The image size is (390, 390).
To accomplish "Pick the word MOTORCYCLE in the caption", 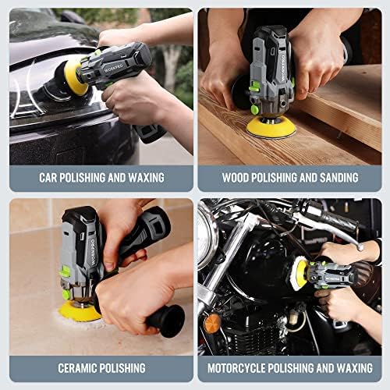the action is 236,368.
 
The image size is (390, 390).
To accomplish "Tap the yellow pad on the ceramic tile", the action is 80,311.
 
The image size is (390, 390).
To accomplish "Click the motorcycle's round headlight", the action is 207,239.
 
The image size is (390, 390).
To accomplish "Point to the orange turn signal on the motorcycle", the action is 212,324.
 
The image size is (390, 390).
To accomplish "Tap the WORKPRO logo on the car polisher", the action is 114,68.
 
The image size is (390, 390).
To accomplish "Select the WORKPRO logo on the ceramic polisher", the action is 93,252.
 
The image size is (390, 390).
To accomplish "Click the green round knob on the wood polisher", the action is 255,109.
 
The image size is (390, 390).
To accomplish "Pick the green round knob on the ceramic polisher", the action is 66,295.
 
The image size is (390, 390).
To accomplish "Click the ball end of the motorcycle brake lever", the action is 360,247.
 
